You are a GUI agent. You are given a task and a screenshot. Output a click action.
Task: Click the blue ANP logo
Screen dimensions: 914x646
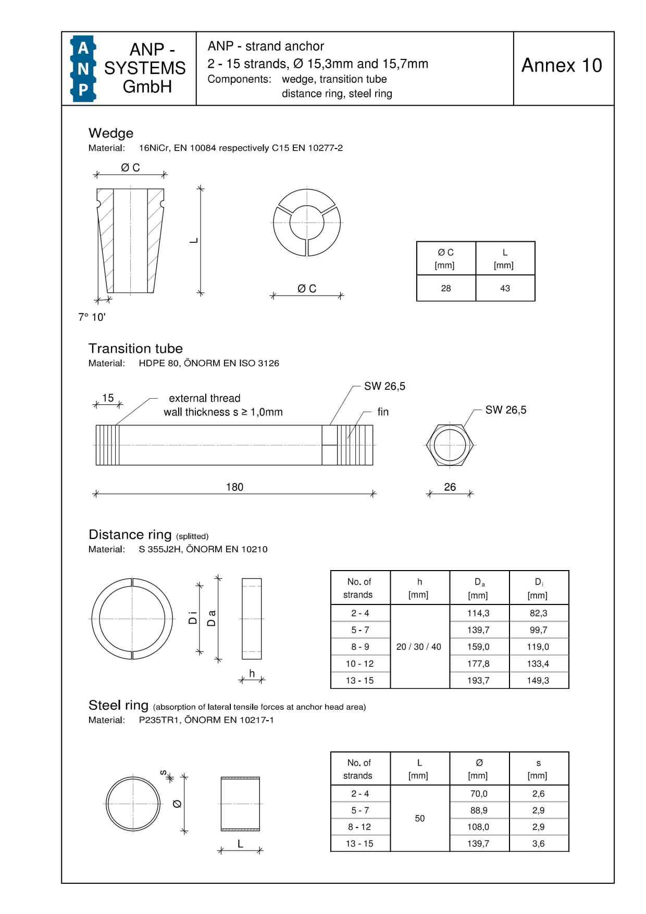pyautogui.click(x=83, y=68)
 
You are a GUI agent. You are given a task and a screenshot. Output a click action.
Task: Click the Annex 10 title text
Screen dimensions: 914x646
pyautogui.click(x=562, y=65)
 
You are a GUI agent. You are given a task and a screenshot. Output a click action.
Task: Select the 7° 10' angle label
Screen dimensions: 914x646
pyautogui.click(x=92, y=317)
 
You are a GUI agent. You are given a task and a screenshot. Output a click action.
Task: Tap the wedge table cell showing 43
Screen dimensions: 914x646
pyautogui.click(x=505, y=288)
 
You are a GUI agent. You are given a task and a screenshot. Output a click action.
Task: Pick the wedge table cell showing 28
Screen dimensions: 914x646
pyautogui.click(x=446, y=288)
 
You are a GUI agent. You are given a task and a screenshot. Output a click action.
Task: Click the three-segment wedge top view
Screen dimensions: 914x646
pyautogui.click(x=307, y=223)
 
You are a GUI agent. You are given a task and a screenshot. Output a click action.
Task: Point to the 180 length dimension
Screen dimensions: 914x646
pyautogui.click(x=234, y=487)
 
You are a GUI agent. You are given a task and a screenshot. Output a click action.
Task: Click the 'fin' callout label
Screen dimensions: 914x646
pyautogui.click(x=383, y=412)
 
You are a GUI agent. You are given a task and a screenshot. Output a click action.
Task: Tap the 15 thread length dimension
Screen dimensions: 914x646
pyautogui.click(x=108, y=398)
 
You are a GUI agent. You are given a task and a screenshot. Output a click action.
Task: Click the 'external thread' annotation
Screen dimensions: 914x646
pyautogui.click(x=204, y=398)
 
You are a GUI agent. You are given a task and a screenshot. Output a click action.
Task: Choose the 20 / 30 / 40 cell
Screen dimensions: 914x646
pyautogui.click(x=418, y=647)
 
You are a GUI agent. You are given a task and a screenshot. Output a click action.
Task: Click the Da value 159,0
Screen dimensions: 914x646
pyautogui.click(x=478, y=647)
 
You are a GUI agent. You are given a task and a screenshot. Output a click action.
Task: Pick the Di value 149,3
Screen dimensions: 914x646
pyautogui.click(x=538, y=680)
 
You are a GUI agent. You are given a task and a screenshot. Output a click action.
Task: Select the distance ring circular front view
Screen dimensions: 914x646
pyautogui.click(x=132, y=619)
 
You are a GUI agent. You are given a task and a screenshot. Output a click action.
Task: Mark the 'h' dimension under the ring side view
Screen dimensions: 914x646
pyautogui.click(x=252, y=673)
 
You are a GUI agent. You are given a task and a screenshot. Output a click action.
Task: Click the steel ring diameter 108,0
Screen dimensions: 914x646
pyautogui.click(x=478, y=826)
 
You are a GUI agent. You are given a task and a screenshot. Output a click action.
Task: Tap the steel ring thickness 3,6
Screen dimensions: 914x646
pyautogui.click(x=538, y=843)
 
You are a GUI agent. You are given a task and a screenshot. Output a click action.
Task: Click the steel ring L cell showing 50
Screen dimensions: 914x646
pyautogui.click(x=419, y=818)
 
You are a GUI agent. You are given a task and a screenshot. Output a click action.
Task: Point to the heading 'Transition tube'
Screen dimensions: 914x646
pyautogui.click(x=135, y=348)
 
